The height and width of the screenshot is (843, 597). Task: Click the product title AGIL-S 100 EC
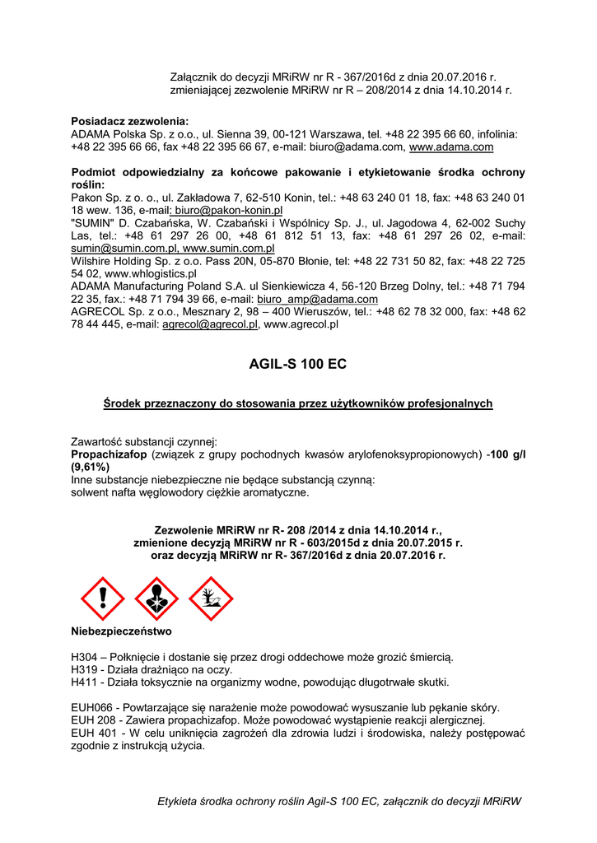coord(297,363)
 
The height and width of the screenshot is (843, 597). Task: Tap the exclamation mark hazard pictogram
coord(101,599)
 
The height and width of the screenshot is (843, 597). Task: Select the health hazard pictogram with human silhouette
coord(156,599)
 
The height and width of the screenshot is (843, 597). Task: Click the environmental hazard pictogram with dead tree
coord(211,599)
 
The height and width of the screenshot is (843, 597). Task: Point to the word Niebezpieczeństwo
coord(120,632)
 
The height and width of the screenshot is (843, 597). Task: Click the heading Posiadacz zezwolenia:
coord(129,121)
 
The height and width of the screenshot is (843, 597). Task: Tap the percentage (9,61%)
coord(91,466)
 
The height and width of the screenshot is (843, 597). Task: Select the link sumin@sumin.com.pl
coord(124,248)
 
